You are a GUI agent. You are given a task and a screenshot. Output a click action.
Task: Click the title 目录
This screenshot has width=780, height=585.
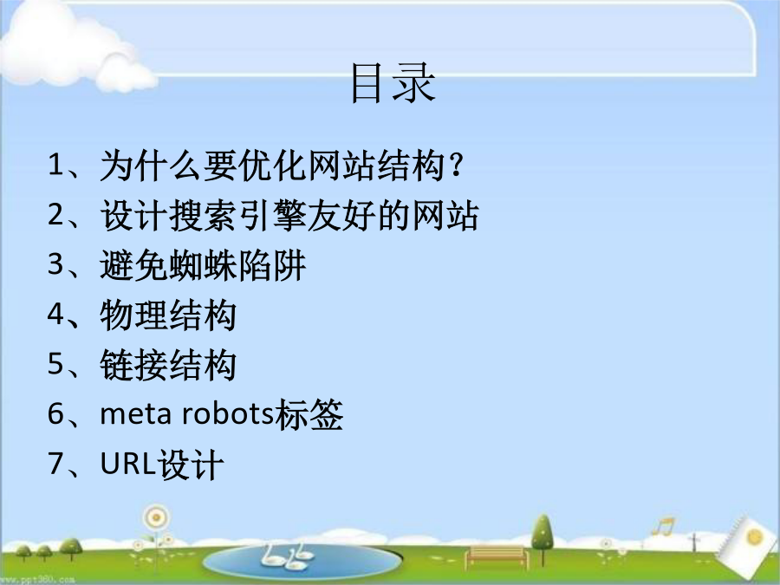click(393, 83)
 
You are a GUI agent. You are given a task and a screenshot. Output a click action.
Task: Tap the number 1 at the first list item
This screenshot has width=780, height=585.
click(55, 165)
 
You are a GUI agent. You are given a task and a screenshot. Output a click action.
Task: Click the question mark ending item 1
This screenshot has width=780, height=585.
click(456, 166)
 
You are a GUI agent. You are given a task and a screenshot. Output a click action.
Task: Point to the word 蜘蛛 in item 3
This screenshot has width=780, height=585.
click(203, 265)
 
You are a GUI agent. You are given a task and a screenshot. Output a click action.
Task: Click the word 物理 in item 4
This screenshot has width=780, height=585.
click(133, 315)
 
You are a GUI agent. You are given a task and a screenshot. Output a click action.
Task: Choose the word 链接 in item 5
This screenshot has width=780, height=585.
click(133, 365)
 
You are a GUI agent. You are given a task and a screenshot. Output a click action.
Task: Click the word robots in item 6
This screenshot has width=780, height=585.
click(227, 414)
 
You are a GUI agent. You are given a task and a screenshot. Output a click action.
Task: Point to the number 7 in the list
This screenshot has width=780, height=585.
click(55, 463)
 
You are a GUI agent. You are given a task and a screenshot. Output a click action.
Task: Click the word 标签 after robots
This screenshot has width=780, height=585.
click(309, 414)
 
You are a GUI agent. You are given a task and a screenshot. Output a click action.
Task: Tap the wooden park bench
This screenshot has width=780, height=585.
click(497, 556)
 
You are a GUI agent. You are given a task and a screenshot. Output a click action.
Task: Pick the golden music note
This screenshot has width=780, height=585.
click(664, 525)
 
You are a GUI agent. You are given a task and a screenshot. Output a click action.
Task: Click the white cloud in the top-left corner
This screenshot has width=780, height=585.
click(75, 48)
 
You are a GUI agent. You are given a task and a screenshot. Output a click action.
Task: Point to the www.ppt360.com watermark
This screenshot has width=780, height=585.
click(37, 580)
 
